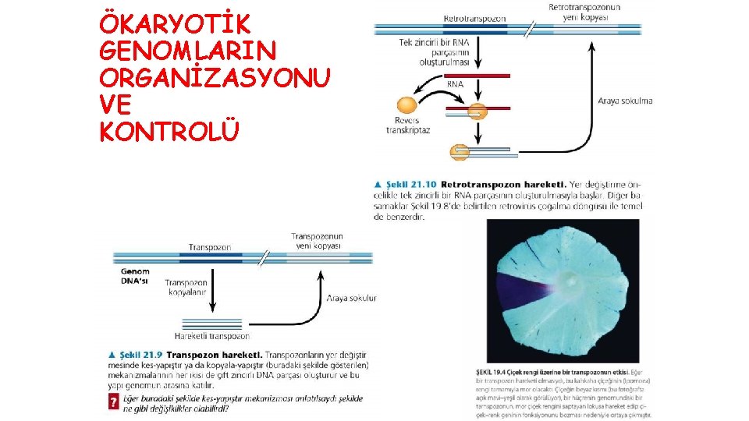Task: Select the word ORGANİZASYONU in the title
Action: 215,79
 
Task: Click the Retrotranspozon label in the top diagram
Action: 474,18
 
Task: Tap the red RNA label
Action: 455,83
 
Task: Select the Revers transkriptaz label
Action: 408,126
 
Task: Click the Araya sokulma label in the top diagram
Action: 625,101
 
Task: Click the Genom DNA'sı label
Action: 135,277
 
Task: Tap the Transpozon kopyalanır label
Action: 186,288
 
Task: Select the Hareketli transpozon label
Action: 212,336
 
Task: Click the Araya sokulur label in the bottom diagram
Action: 351,298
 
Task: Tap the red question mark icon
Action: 113,402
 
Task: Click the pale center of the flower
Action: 572,279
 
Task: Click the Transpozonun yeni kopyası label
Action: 317,241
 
